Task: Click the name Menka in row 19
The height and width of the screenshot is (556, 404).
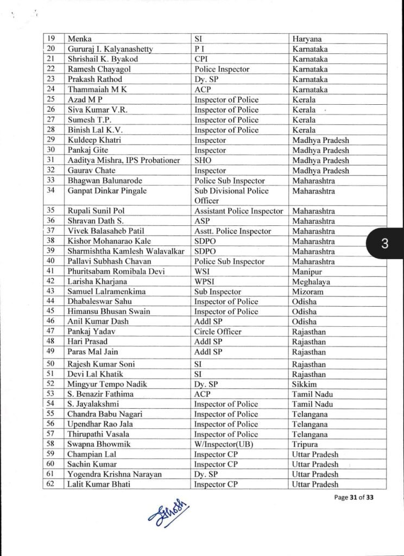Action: tap(79, 39)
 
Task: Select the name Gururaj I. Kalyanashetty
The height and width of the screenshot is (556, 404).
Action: tap(110, 49)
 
